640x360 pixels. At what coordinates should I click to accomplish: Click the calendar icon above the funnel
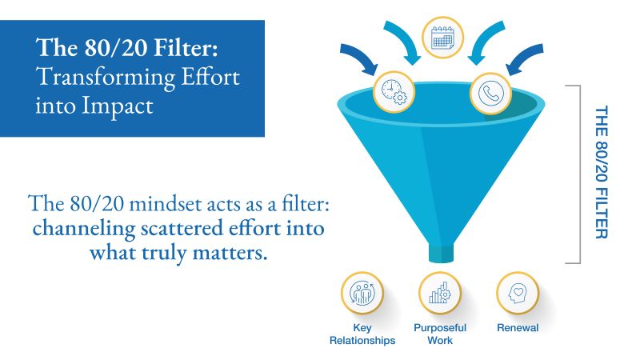(x=442, y=37)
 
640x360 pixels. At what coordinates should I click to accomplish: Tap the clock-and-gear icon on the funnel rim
(x=394, y=92)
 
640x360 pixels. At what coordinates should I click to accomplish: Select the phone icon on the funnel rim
(x=490, y=92)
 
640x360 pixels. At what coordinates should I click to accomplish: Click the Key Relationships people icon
(x=362, y=294)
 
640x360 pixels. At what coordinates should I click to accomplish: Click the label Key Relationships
(x=362, y=334)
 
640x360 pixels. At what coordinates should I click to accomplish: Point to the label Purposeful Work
(x=439, y=334)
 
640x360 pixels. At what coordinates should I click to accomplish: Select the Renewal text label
(x=517, y=328)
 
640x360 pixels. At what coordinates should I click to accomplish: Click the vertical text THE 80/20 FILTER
(x=602, y=171)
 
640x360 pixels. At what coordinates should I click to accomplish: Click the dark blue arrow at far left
(x=358, y=60)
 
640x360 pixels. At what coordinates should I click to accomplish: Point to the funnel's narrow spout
(x=442, y=251)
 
